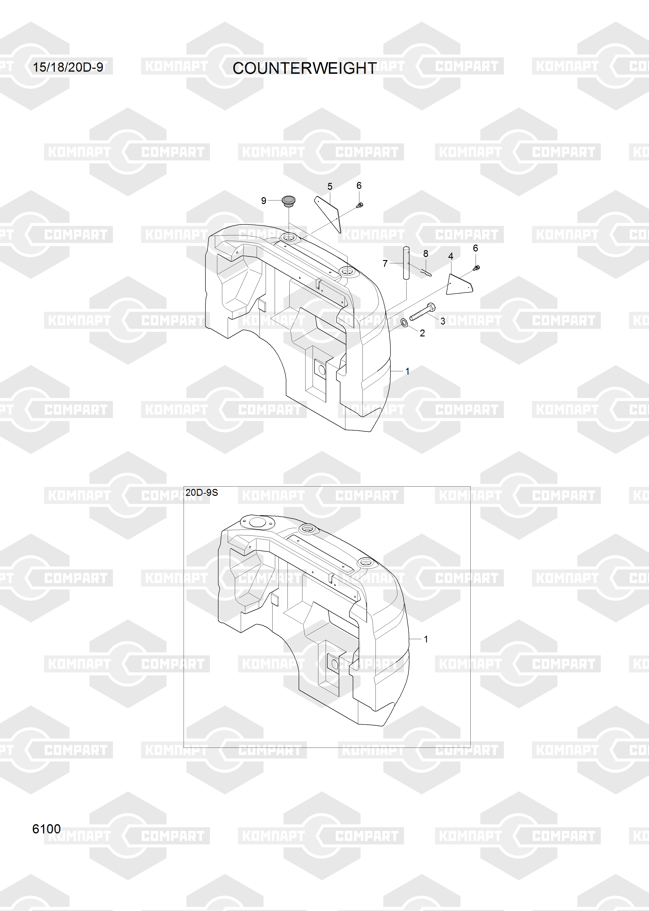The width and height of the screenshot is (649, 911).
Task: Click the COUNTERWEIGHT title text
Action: coord(305,68)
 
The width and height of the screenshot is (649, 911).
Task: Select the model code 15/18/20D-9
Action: coord(68,67)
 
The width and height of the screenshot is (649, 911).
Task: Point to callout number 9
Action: coord(264,200)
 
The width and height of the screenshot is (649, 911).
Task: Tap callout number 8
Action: coord(426,253)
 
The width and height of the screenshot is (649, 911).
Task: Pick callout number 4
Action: coord(451,256)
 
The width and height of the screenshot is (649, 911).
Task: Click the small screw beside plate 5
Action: coord(359,206)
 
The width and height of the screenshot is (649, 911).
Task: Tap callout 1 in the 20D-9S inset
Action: coord(426,639)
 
